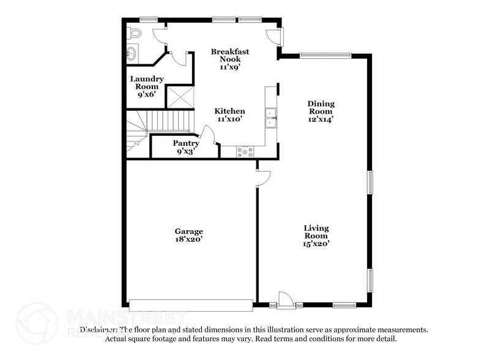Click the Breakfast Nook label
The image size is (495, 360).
coord(230,59)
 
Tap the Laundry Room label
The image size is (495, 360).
coord(147,86)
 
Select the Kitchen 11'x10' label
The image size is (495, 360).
coord(230,115)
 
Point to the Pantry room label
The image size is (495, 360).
coord(185,147)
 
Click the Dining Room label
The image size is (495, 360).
coord(321,111)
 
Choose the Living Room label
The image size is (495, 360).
coord(316,236)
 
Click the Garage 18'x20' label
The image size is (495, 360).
coord(188,235)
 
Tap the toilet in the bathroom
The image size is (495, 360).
coord(134,33)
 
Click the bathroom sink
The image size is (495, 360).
coord(131,54)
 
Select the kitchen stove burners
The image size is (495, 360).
coord(245,151)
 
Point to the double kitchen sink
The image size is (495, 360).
coord(270,118)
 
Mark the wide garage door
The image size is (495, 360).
coord(191,305)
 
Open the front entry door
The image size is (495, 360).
coord(286,300)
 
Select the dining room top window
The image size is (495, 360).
coord(325,56)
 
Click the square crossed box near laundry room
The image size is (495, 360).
coord(181,98)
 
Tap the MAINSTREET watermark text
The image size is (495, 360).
coord(126,317)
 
